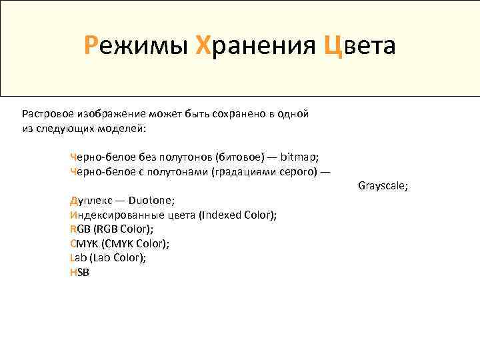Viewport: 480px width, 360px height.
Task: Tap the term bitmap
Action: (299, 157)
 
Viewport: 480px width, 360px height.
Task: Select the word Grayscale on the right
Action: (383, 185)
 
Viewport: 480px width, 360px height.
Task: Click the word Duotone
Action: (152, 199)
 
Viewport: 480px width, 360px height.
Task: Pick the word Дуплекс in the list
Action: (91, 199)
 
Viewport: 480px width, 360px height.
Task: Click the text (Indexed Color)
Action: (238, 215)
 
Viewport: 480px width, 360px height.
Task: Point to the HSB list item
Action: (79, 272)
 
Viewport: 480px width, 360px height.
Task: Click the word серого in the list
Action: (292, 171)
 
